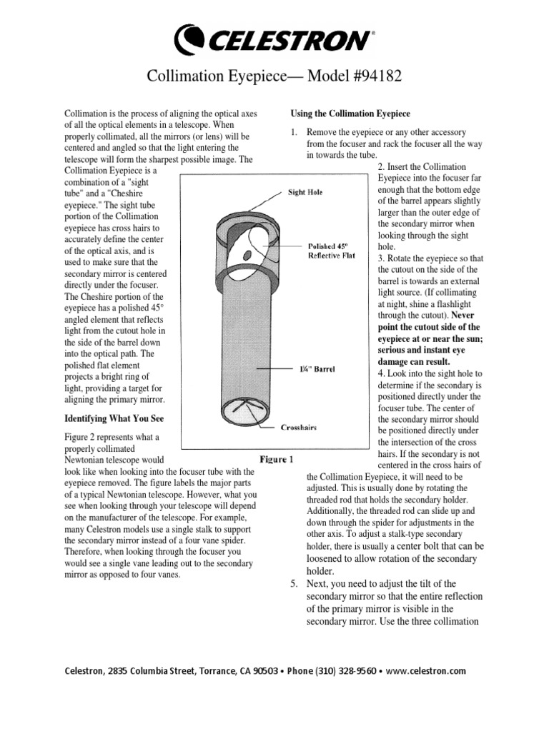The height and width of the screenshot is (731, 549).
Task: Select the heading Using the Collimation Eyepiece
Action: [350, 114]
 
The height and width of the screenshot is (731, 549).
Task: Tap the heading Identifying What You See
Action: [119, 419]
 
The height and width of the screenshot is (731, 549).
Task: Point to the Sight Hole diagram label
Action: [305, 192]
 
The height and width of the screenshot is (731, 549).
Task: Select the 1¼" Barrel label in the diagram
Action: [316, 370]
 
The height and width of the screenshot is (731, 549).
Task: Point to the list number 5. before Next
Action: [293, 584]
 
